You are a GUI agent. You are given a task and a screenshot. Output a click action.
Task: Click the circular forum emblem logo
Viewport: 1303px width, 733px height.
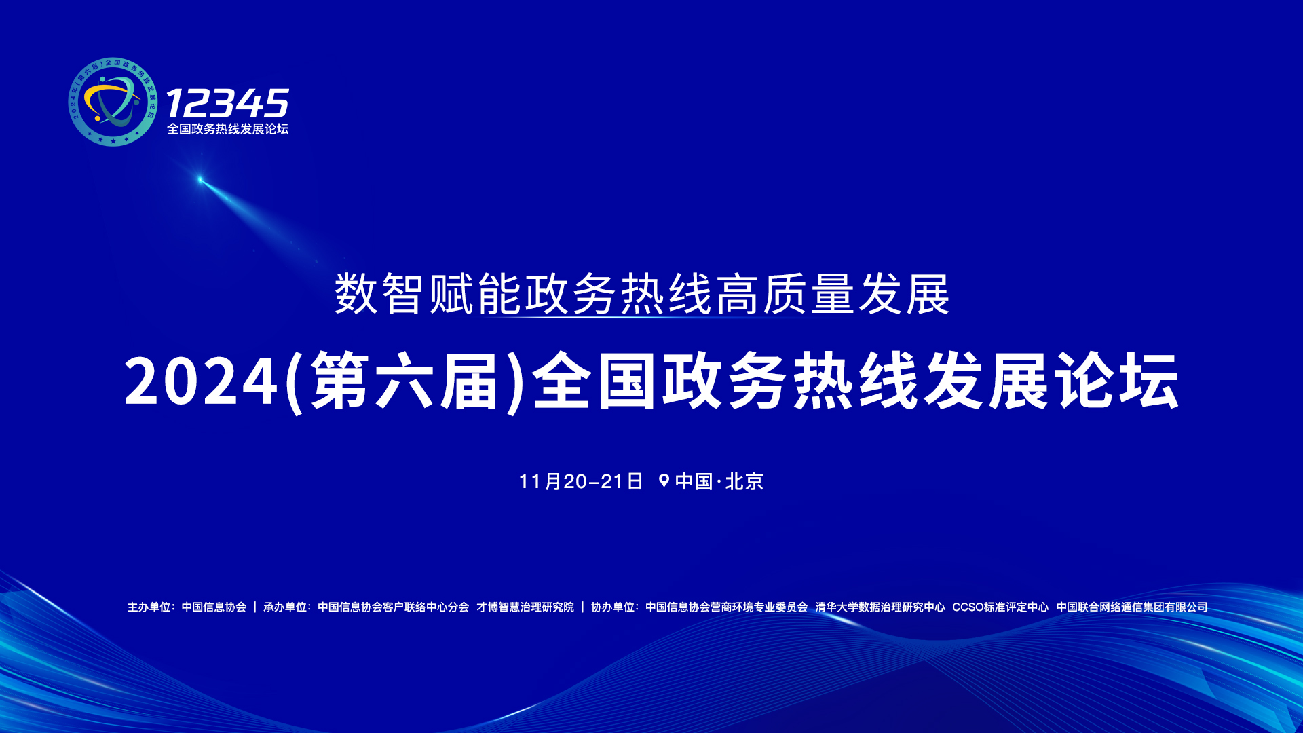[113, 102]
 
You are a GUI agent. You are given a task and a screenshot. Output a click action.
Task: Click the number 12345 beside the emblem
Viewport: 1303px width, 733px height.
[227, 104]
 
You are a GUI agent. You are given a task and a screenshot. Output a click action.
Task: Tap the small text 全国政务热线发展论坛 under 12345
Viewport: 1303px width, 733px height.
[227, 129]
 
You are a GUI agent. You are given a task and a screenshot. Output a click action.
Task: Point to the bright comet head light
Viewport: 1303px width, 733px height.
[200, 180]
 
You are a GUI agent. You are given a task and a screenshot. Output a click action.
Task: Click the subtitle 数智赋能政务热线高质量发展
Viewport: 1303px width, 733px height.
[641, 295]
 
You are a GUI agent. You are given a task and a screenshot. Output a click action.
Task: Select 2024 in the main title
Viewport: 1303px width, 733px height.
[201, 382]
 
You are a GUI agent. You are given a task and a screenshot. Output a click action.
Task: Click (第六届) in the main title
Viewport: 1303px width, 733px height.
[405, 382]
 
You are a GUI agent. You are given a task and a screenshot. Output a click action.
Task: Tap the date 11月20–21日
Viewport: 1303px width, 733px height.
[581, 481]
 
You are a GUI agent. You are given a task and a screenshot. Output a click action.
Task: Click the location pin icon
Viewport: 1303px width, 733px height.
[664, 481]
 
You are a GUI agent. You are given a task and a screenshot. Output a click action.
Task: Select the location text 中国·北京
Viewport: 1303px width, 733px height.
[719, 481]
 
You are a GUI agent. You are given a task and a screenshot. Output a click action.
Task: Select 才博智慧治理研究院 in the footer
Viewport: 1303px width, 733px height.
[525, 607]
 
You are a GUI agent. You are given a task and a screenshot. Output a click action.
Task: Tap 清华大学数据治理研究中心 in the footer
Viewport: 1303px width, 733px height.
[880, 607]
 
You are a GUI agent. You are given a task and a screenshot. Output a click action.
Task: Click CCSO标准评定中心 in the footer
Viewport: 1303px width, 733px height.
[1000, 607]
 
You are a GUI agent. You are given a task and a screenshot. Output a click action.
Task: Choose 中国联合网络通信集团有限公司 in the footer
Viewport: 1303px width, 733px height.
[1131, 607]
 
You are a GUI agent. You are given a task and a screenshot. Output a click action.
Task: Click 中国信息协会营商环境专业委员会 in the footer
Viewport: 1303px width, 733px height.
[726, 607]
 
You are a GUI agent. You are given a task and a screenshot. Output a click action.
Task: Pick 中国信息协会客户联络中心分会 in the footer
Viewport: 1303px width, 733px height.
[393, 607]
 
